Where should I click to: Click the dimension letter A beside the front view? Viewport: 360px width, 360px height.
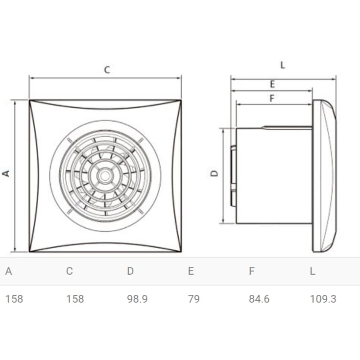(x=7, y=173)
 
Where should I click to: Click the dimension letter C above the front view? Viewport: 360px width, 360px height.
(x=107, y=70)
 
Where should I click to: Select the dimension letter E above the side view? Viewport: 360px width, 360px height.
(x=272, y=84)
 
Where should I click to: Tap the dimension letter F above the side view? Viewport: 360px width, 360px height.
(x=272, y=98)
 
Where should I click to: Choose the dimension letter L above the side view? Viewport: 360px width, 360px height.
(x=283, y=65)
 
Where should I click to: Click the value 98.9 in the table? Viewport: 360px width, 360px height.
(x=137, y=299)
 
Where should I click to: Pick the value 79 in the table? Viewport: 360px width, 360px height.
(x=193, y=299)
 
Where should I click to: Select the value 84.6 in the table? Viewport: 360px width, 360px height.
(x=259, y=299)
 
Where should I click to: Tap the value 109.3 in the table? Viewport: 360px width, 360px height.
(x=323, y=299)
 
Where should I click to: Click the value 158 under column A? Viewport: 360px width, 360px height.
(x=14, y=299)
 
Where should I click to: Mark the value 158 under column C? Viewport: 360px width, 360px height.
(x=75, y=299)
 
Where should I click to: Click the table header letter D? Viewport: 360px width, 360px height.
(x=130, y=271)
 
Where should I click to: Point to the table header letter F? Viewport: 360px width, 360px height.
(x=252, y=271)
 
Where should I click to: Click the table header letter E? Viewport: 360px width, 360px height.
(x=191, y=271)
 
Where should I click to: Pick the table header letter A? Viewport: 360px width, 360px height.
(x=8, y=271)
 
